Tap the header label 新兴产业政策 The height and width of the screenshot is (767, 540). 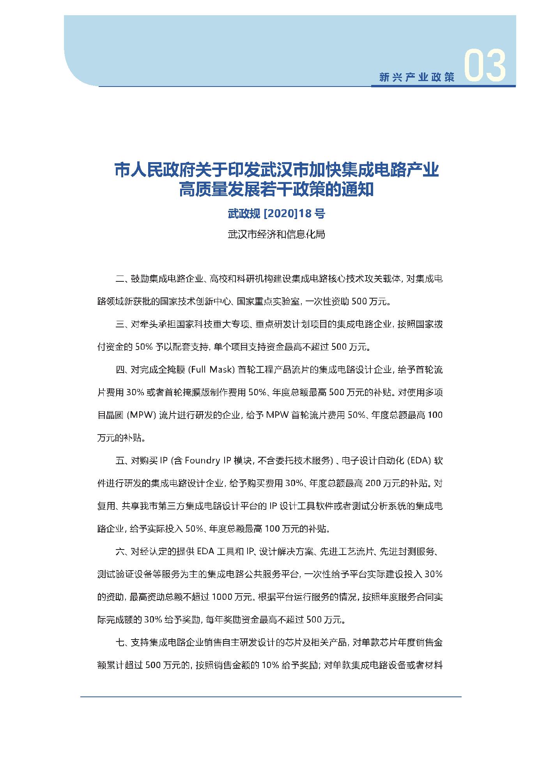[x=417, y=77]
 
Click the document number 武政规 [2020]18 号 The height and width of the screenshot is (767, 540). [x=276, y=214]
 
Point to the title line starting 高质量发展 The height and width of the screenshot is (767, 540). [x=276, y=191]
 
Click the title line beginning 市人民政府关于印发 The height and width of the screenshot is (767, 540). [x=276, y=171]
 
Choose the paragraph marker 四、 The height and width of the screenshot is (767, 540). [x=122, y=370]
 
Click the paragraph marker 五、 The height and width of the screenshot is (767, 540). [x=122, y=461]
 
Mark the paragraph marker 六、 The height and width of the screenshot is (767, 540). [x=122, y=551]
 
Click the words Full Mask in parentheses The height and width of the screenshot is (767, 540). [x=210, y=370]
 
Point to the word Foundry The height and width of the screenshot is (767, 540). [x=202, y=461]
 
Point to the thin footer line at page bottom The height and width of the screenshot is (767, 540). [x=271, y=696]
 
